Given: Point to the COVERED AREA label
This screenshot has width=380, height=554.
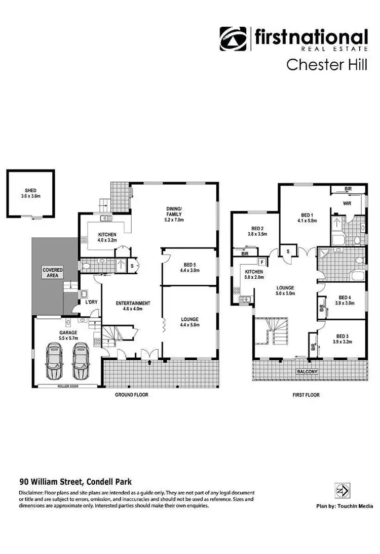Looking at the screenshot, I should tap(52, 273).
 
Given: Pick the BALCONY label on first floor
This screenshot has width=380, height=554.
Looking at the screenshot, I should tap(308, 372).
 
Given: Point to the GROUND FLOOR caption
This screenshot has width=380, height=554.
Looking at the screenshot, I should tap(131, 395).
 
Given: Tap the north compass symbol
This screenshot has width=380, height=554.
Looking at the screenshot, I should tap(340, 491).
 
